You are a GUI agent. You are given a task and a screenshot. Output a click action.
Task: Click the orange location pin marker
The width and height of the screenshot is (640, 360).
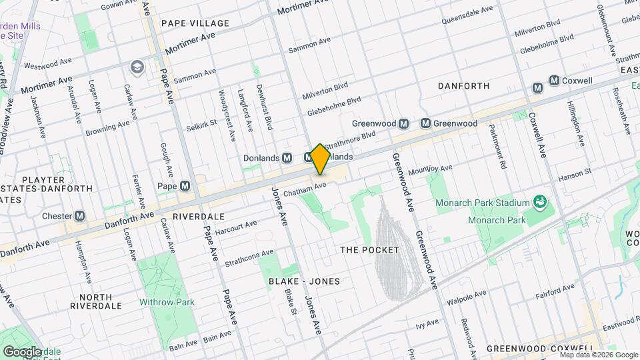320,159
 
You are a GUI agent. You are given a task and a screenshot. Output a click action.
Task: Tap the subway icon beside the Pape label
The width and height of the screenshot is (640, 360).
185,186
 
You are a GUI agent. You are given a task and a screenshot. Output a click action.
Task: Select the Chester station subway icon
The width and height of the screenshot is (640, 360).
80,215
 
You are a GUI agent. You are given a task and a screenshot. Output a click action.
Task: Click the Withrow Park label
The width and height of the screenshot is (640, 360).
167,302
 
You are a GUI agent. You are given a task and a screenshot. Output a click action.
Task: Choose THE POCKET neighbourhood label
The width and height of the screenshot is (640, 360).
369,250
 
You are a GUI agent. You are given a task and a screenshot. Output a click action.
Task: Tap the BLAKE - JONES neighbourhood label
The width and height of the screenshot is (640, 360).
304,281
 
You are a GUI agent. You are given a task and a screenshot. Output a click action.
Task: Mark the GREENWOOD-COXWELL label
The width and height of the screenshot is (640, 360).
540,349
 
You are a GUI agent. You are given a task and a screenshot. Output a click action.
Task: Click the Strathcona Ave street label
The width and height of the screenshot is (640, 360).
249,257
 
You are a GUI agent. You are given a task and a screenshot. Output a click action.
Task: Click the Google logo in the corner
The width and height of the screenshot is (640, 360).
22,351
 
